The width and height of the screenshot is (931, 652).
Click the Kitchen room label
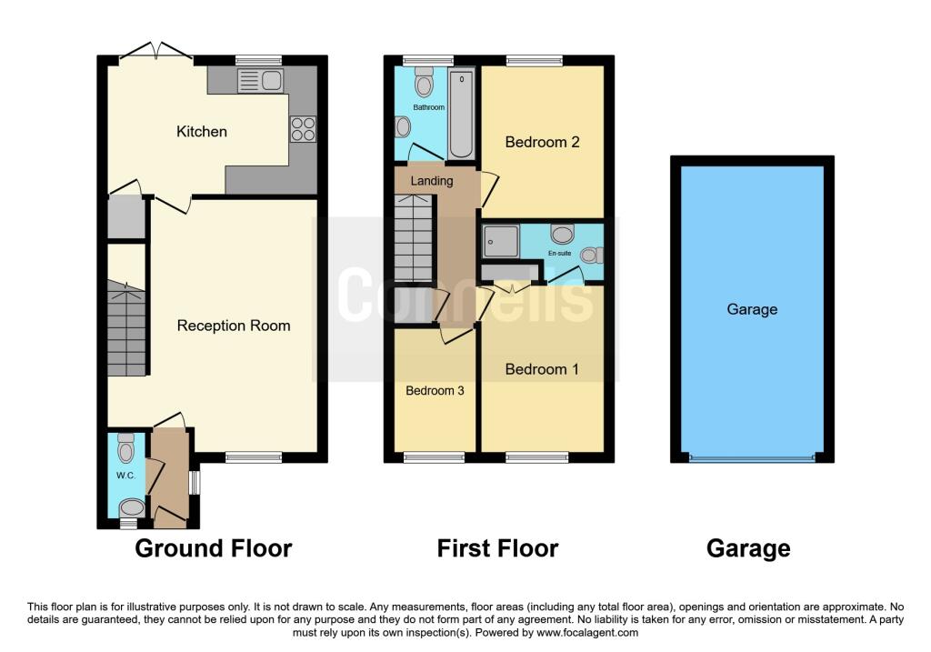[x=202, y=132]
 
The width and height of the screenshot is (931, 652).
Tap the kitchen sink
[x=260, y=81]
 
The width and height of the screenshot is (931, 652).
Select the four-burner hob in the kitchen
[x=303, y=129]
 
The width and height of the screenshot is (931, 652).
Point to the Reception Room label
[x=234, y=326]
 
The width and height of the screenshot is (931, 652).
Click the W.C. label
[x=125, y=475]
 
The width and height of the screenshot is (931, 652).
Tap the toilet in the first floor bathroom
[x=424, y=85]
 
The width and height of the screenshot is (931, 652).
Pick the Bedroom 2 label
[x=542, y=142]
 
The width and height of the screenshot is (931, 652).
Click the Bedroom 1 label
[x=542, y=369]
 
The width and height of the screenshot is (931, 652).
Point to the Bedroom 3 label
[x=435, y=391]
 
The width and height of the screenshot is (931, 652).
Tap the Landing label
[x=432, y=181]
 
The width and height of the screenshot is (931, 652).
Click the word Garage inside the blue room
[x=752, y=309]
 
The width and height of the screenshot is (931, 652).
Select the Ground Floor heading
[x=214, y=548]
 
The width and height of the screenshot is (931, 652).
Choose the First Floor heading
[x=497, y=548]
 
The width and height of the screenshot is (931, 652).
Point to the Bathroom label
[x=429, y=107]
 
